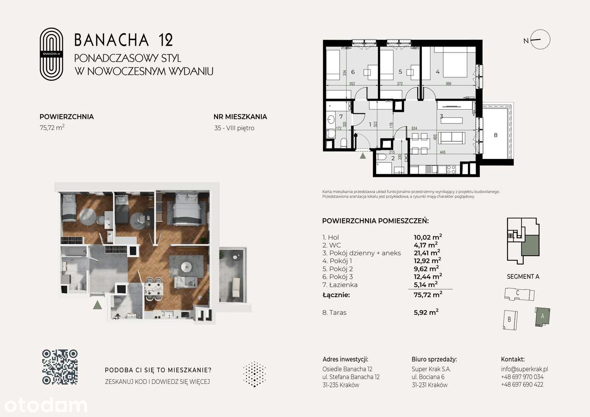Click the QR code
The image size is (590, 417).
coord(60,367)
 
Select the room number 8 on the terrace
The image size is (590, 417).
coord(496,135)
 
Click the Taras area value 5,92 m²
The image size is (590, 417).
coord(426,312)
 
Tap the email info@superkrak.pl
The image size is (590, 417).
coord(524,369)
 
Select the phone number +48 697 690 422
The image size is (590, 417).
coord(522,384)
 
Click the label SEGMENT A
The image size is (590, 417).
coord(523,276)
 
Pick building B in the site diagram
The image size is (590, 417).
coord(509,319)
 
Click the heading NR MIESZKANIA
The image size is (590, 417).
coord(240,117)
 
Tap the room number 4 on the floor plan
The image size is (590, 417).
coord(437,71)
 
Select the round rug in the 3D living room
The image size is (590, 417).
coord(186,267)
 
